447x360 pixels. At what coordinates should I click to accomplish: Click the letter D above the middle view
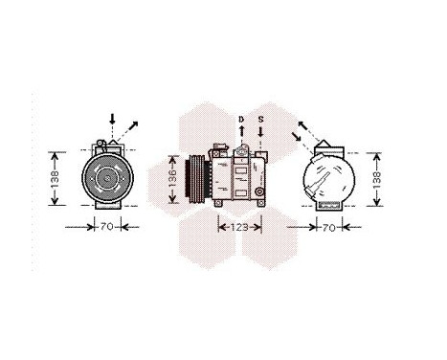pyautogui.click(x=241, y=119)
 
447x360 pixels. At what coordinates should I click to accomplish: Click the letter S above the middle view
pyautogui.click(x=261, y=119)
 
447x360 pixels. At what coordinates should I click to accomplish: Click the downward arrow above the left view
pyautogui.click(x=113, y=123)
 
